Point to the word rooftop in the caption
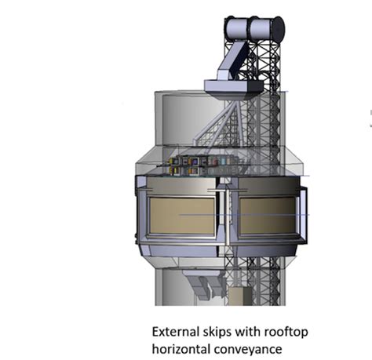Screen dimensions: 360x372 (284, 332)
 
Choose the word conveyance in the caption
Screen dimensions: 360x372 (253, 347)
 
